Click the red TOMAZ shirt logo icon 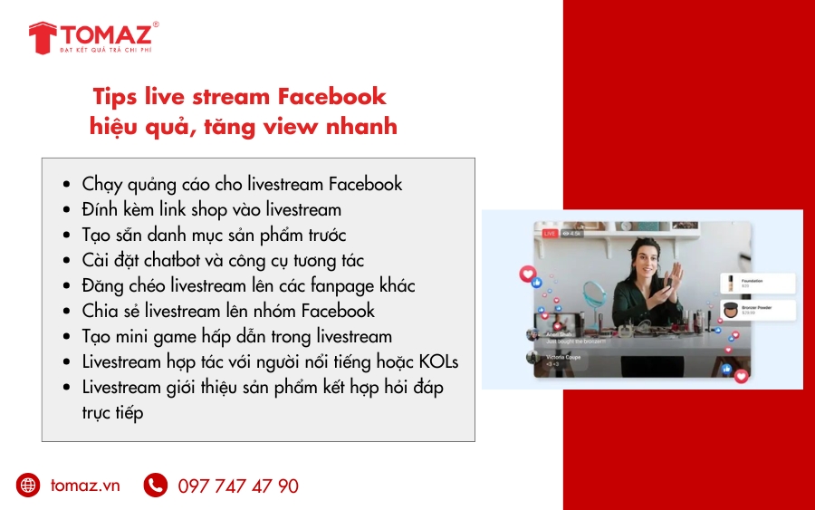coord(43,37)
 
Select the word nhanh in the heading coord(361,126)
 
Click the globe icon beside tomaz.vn coord(28,486)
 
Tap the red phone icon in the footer coord(155,486)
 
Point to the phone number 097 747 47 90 coord(238,486)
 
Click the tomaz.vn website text coord(85,486)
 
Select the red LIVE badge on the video coord(549,234)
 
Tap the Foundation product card coord(757,282)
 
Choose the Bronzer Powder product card coord(757,310)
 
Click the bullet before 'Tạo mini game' coord(66,337)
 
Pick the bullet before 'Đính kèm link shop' coord(66,210)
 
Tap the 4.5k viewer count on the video coord(572,234)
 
